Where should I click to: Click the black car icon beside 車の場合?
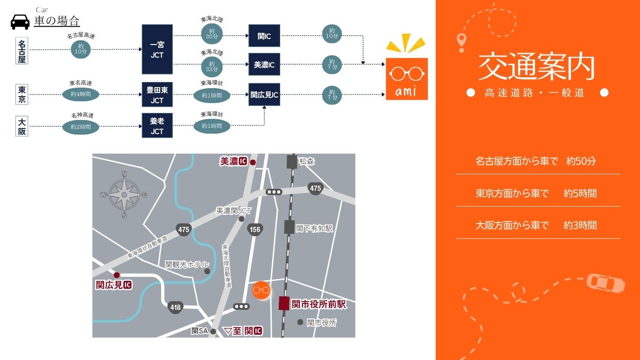(x=20, y=22)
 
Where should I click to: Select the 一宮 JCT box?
(x=157, y=49)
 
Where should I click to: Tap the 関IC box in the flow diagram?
(x=264, y=36)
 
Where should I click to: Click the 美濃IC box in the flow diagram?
(x=264, y=65)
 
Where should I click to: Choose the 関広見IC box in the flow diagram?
(x=264, y=95)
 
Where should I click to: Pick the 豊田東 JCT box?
(x=157, y=95)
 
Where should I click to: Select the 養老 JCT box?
(x=157, y=126)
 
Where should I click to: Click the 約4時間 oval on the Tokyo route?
(x=81, y=95)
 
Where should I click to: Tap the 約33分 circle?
(x=212, y=66)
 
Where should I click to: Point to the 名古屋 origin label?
(x=22, y=51)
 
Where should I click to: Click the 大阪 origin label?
(x=22, y=127)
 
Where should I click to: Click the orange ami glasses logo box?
(x=407, y=79)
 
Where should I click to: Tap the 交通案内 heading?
(x=536, y=67)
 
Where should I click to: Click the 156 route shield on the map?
(x=255, y=230)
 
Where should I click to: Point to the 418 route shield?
(x=175, y=307)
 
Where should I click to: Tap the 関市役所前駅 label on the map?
(x=319, y=305)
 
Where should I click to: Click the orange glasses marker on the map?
(x=261, y=291)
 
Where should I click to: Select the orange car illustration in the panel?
(x=605, y=283)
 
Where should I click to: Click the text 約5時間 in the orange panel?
(x=580, y=193)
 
